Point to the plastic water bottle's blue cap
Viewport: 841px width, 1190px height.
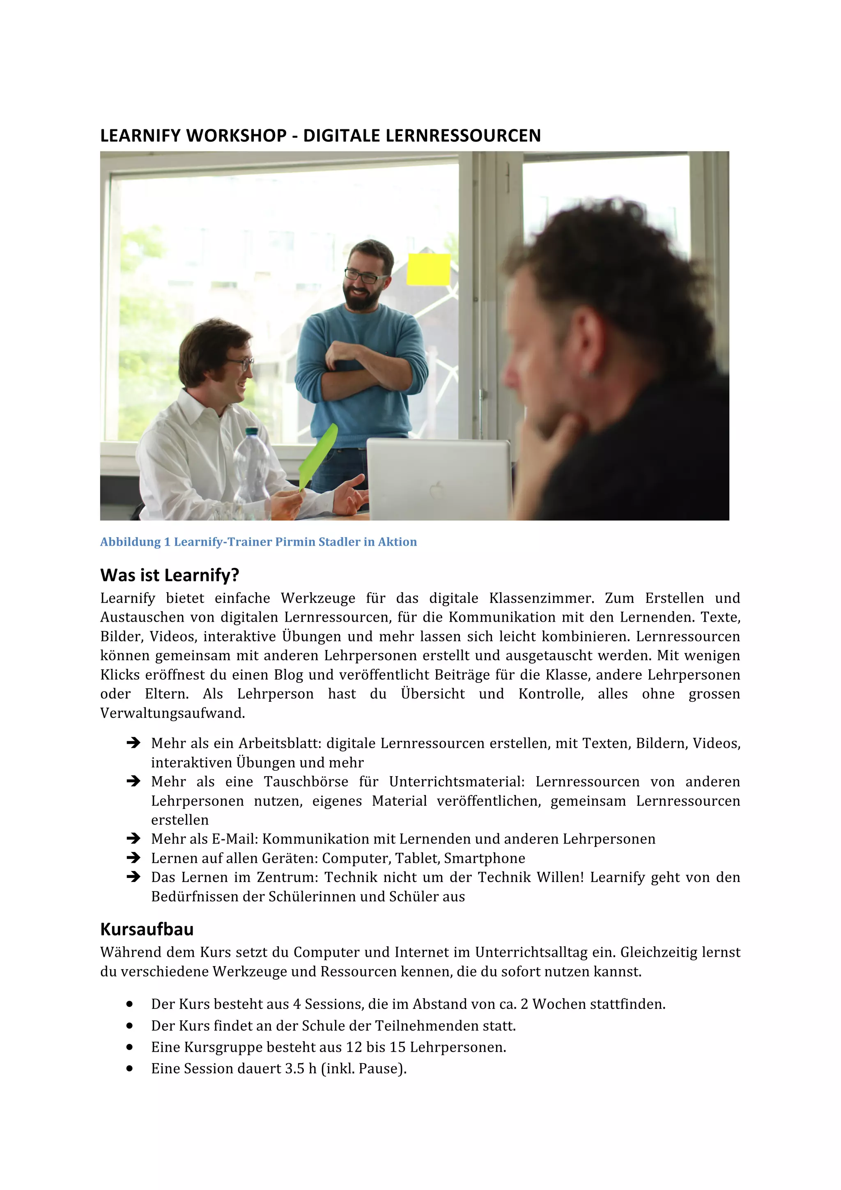[252, 431]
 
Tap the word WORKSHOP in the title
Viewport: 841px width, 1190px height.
[236, 136]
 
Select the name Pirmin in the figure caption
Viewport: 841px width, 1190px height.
[295, 542]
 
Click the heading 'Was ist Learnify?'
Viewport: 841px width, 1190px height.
[170, 575]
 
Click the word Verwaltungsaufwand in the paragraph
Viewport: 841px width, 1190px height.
[172, 713]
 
